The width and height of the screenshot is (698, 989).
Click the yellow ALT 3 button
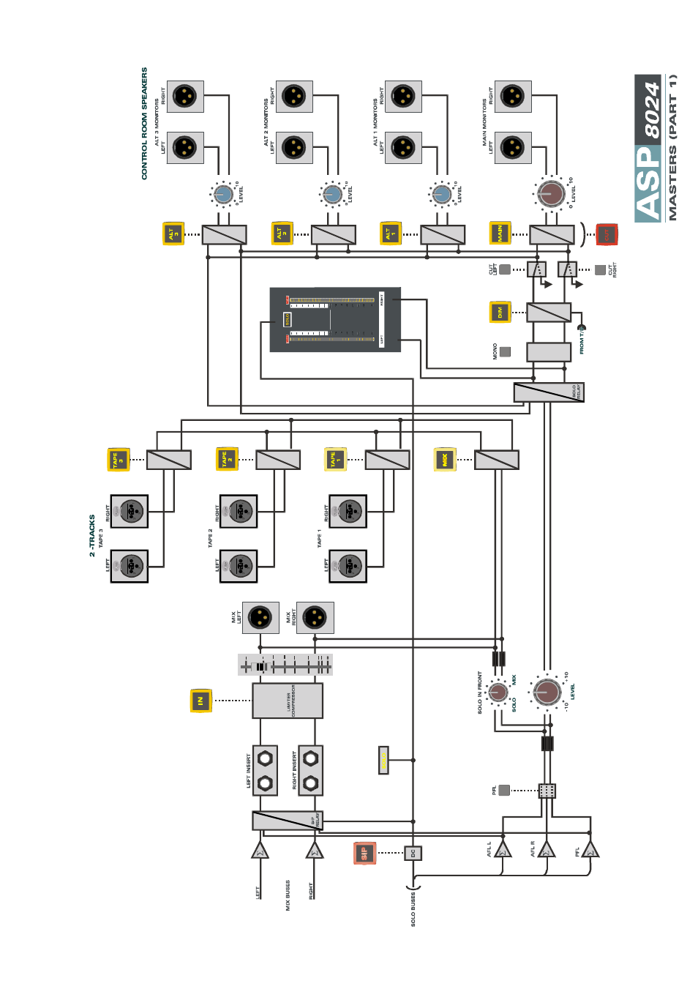click(173, 234)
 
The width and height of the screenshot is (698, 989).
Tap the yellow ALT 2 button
click(282, 234)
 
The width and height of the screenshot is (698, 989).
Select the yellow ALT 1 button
click(391, 234)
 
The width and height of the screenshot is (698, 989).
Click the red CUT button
click(607, 234)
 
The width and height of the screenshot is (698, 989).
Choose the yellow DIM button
click(500, 313)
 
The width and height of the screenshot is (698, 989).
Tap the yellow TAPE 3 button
click(119, 460)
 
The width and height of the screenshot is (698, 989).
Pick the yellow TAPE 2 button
click(227, 459)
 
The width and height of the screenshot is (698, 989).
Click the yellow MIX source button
click(445, 460)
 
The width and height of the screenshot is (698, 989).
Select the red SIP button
click(364, 853)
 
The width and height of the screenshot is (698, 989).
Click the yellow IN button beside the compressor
click(200, 701)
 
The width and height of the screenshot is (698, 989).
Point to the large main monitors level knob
click(551, 193)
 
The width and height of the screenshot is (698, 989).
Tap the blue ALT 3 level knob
click(223, 194)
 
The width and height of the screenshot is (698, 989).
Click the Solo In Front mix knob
click(498, 691)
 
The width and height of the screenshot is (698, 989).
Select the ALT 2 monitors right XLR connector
click(294, 97)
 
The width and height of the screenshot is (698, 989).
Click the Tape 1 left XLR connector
click(348, 566)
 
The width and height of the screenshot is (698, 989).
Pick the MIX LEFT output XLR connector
click(260, 617)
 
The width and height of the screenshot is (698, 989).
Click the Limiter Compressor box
click(288, 701)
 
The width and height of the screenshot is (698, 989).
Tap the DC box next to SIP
click(413, 853)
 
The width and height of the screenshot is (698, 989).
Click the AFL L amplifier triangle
click(503, 849)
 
